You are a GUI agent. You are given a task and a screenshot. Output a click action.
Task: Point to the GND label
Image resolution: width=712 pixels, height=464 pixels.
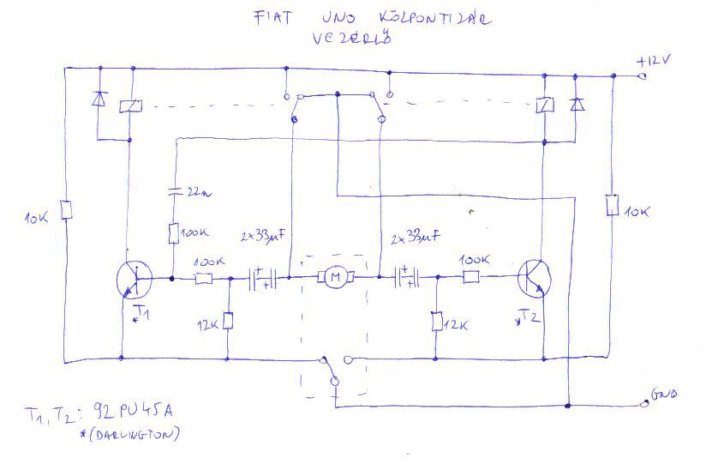[x=664, y=395]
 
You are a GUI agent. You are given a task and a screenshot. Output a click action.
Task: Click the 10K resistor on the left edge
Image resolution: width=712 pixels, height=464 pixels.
[x=66, y=210]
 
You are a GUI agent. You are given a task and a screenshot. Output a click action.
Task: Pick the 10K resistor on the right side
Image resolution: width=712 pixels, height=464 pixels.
[x=612, y=206]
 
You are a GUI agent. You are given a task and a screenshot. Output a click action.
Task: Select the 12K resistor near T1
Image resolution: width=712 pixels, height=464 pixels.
[x=228, y=322]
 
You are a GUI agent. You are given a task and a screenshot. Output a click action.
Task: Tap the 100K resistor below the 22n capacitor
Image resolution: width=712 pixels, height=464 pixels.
[x=175, y=233]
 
